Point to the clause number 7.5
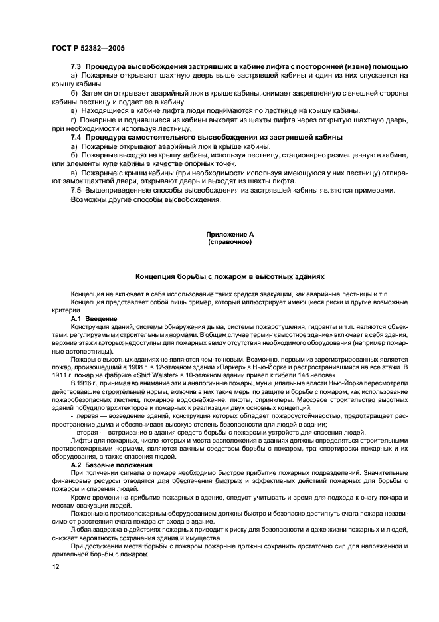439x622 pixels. (x=76, y=191)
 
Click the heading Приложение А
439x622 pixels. (x=230, y=235)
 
